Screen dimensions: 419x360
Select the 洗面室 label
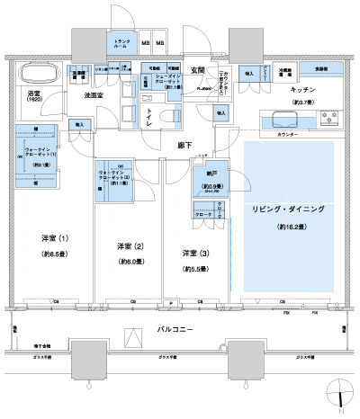pyautogui.click(x=96, y=94)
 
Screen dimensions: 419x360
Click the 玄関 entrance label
pyautogui.click(x=196, y=69)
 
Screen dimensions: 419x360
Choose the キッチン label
pyautogui.click(x=301, y=91)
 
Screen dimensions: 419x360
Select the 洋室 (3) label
pyautogui.click(x=195, y=253)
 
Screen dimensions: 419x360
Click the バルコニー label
pyautogui.click(x=173, y=331)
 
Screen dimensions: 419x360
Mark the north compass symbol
pyautogui.click(x=339, y=394)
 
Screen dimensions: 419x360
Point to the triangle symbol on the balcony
pyautogui.click(x=132, y=335)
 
